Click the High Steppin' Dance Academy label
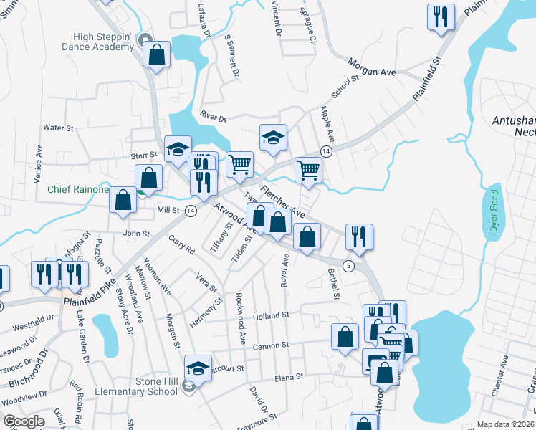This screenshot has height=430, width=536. pyautogui.click(x=103, y=42)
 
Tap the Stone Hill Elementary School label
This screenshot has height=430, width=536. pyautogui.click(x=137, y=387)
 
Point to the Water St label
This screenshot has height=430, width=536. pyautogui.click(x=59, y=128)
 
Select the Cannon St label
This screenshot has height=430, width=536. pyautogui.click(x=269, y=345)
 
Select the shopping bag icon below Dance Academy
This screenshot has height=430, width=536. pyautogui.click(x=155, y=54)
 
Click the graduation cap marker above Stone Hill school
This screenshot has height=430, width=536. pyautogui.click(x=198, y=368)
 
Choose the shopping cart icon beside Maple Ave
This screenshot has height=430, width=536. pyautogui.click(x=308, y=170)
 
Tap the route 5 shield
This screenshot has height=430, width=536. pyautogui.click(x=348, y=266)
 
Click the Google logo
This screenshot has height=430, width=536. pyautogui.click(x=24, y=421)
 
